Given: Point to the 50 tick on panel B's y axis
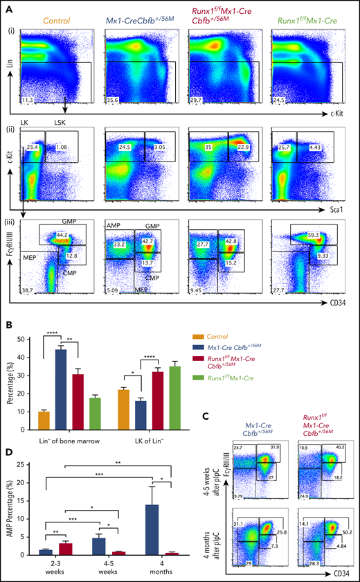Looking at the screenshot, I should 26,339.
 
